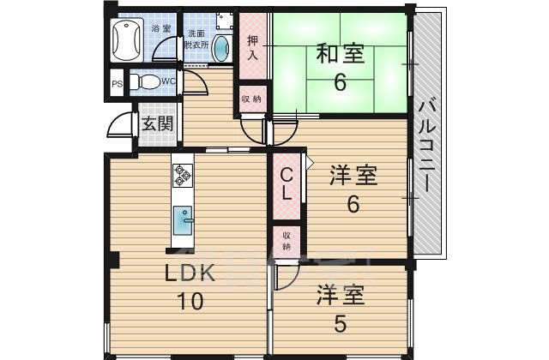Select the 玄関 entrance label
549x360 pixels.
[157, 123]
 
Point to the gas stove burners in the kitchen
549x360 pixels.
[183, 175]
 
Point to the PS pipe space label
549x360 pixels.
[117, 84]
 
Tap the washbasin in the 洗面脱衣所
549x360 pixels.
[220, 48]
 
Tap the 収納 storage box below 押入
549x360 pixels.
[253, 99]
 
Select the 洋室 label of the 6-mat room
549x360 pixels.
[353, 177]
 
